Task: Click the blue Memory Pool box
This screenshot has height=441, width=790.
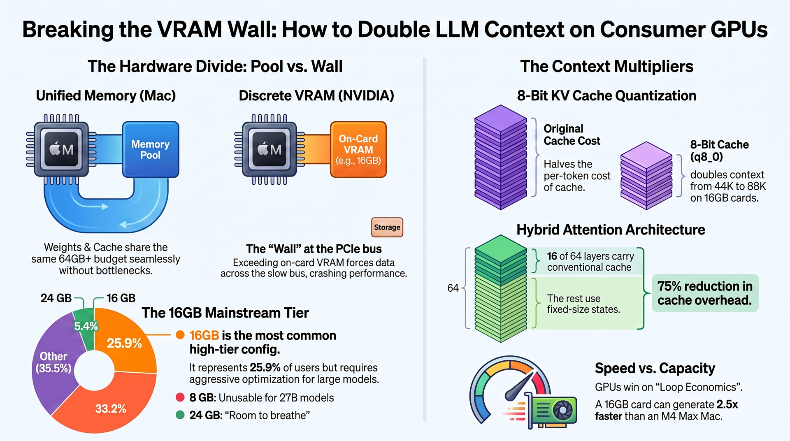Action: (151, 149)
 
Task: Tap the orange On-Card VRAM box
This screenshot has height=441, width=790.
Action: (358, 149)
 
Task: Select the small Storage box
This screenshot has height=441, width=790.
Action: (387, 227)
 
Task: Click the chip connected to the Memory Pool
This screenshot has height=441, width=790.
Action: (61, 149)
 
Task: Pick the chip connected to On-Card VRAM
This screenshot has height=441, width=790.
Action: (270, 149)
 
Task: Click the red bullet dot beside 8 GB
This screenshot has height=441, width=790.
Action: (180, 397)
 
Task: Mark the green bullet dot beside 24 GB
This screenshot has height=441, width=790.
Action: (180, 415)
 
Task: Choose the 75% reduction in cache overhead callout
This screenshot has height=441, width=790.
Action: (705, 293)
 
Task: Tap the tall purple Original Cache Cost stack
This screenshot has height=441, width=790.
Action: (501, 157)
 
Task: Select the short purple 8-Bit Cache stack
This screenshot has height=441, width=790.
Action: (646, 176)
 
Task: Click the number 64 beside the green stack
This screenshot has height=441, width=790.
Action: (453, 288)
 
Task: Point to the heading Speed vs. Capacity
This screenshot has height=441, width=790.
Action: (655, 368)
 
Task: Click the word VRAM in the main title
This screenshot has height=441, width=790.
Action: (190, 30)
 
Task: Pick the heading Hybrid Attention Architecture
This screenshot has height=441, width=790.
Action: (611, 230)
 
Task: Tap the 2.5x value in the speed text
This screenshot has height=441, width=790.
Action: (727, 404)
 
